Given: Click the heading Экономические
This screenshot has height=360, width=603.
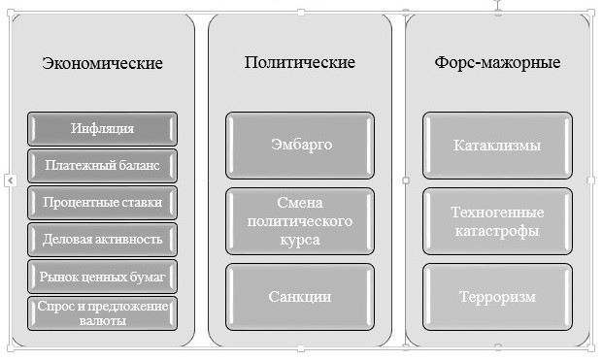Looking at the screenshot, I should click(102, 64).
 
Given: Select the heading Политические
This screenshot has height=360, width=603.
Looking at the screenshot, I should click(300, 62).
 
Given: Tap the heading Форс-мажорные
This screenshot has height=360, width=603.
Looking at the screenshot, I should click(497, 62).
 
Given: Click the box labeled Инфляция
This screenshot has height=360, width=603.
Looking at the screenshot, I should click(102, 128).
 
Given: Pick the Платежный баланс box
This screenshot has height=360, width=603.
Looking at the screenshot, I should click(102, 165).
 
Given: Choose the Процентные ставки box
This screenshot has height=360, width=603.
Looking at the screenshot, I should click(102, 202).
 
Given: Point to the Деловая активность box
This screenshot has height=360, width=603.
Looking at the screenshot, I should click(102, 239).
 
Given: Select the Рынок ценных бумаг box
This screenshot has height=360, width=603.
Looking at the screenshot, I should click(102, 277).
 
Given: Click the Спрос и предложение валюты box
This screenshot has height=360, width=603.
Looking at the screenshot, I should click(102, 312).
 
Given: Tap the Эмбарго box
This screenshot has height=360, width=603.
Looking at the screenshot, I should click(301, 146).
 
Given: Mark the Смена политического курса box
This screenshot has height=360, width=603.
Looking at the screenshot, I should click(301, 221).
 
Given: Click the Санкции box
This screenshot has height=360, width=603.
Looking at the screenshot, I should click(301, 296).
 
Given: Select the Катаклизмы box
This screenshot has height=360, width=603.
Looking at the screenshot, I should click(497, 146).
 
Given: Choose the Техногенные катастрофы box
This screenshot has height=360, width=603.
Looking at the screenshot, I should click(497, 221).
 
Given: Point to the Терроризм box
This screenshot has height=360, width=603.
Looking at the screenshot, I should click(497, 296).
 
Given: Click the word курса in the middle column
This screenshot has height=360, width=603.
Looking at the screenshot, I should click(301, 240).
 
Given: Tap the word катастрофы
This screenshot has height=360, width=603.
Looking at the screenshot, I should click(497, 231).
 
